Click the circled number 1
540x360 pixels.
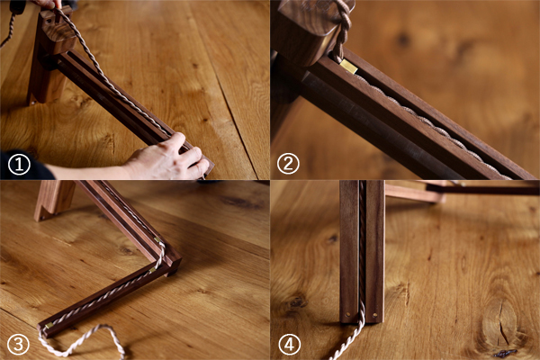point(19,164)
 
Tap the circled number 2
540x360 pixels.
point(288,164)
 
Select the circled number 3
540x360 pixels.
point(18,344)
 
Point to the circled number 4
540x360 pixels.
point(289,344)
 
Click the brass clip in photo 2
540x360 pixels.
point(349,66)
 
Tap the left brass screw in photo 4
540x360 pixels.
point(347,314)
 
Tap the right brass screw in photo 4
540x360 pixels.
point(375,314)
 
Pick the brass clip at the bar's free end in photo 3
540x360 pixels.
point(49,326)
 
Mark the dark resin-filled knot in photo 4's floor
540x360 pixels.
point(506,353)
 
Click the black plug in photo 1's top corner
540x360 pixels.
point(15,7)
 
